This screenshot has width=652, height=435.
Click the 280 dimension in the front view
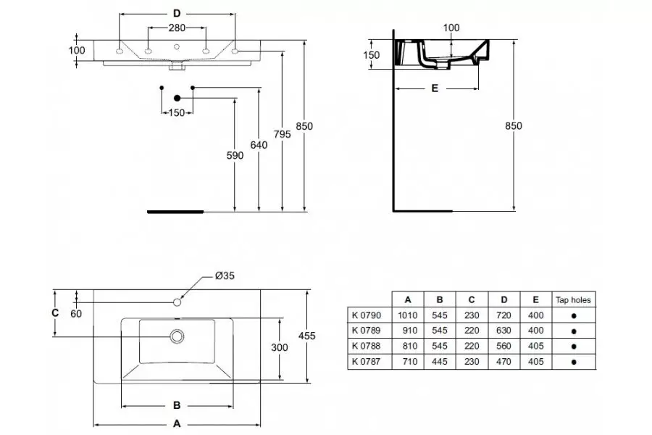[177, 28]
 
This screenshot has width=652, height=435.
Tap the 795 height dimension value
[283, 134]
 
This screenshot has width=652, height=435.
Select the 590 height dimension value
[235, 155]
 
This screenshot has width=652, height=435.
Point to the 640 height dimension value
[259, 145]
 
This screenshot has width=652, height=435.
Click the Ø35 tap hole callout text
[225, 275]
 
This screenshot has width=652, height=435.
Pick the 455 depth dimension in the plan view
[307, 336]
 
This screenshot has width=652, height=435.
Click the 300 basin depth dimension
[280, 347]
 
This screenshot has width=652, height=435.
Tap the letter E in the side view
[435, 88]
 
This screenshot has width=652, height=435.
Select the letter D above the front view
[177, 14]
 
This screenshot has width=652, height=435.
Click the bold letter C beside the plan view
[55, 312]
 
